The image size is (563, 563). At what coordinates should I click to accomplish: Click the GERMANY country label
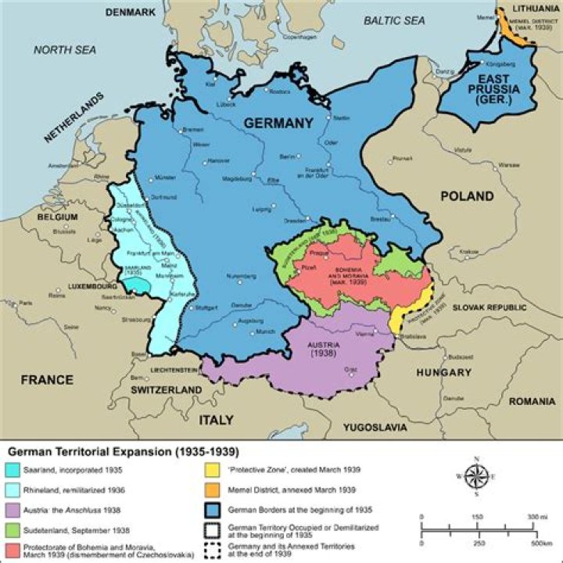[278, 122]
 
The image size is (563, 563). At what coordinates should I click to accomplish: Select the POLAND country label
[467, 195]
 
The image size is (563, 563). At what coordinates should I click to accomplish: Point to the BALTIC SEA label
[394, 21]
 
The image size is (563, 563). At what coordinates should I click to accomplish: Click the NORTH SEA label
[64, 49]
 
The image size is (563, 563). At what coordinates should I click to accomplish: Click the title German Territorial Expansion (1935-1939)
[122, 452]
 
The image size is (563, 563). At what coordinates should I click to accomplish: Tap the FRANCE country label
[47, 380]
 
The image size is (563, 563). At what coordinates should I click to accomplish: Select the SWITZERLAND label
[166, 389]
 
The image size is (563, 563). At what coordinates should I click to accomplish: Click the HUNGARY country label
[443, 373]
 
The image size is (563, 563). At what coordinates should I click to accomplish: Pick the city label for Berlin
[289, 156]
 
